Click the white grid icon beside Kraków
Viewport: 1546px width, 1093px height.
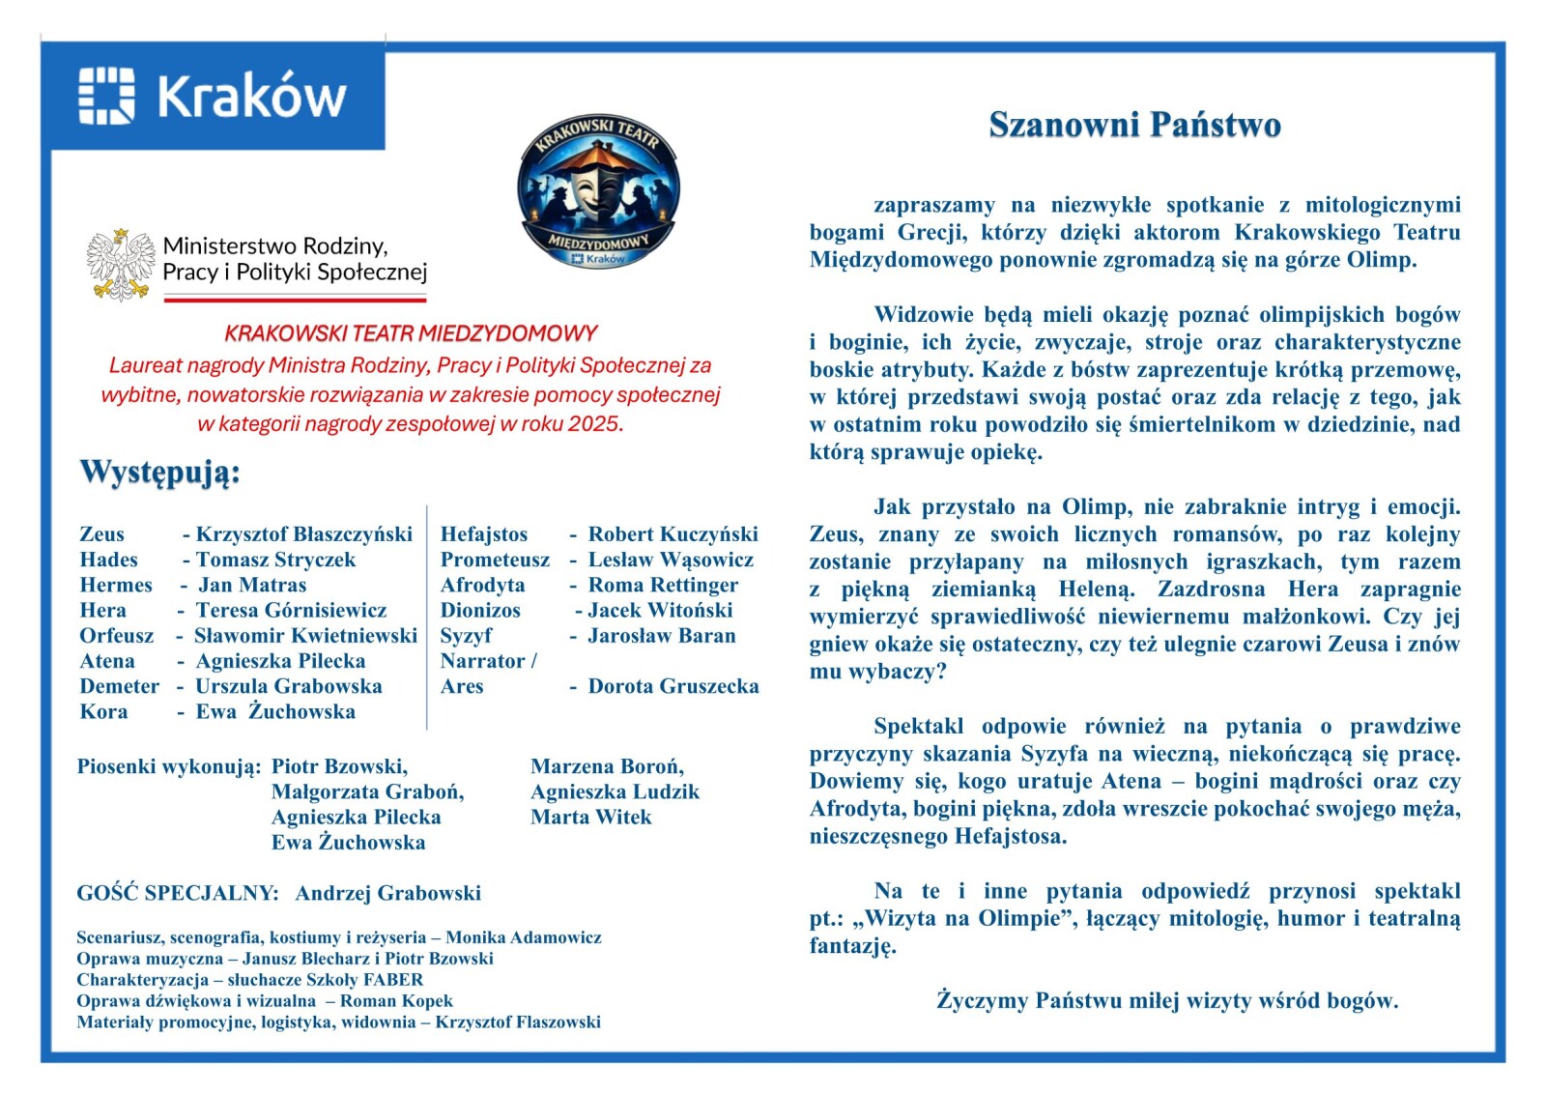[106, 96]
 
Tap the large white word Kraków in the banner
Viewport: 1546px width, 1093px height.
[251, 97]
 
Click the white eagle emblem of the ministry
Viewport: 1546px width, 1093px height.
[121, 264]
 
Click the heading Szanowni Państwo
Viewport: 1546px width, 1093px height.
[1134, 125]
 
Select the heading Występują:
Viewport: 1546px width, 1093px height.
[159, 473]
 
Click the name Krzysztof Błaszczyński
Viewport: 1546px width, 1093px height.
[303, 534]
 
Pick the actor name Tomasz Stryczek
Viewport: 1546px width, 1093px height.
[275, 560]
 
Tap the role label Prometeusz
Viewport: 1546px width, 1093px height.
[495, 560]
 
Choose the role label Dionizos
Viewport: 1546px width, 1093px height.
[480, 610]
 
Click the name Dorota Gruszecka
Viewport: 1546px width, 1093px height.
[673, 686]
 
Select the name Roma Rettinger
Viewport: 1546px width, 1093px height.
[663, 585]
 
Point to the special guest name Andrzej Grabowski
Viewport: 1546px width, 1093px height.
[387, 893]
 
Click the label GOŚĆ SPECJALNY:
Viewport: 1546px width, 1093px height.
[178, 893]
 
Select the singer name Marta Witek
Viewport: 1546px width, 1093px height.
[590, 817]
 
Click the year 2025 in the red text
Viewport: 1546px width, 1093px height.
[593, 424]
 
